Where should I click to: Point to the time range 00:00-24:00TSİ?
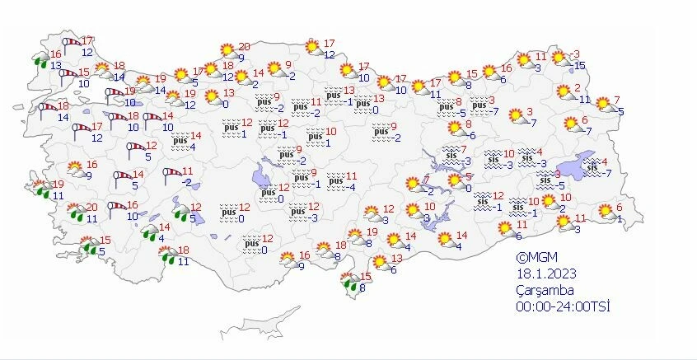[558, 306]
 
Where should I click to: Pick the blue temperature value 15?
[579, 66]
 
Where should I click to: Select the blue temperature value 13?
[56, 66]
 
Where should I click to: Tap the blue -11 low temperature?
[584, 100]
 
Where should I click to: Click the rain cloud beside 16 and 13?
[40, 58]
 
